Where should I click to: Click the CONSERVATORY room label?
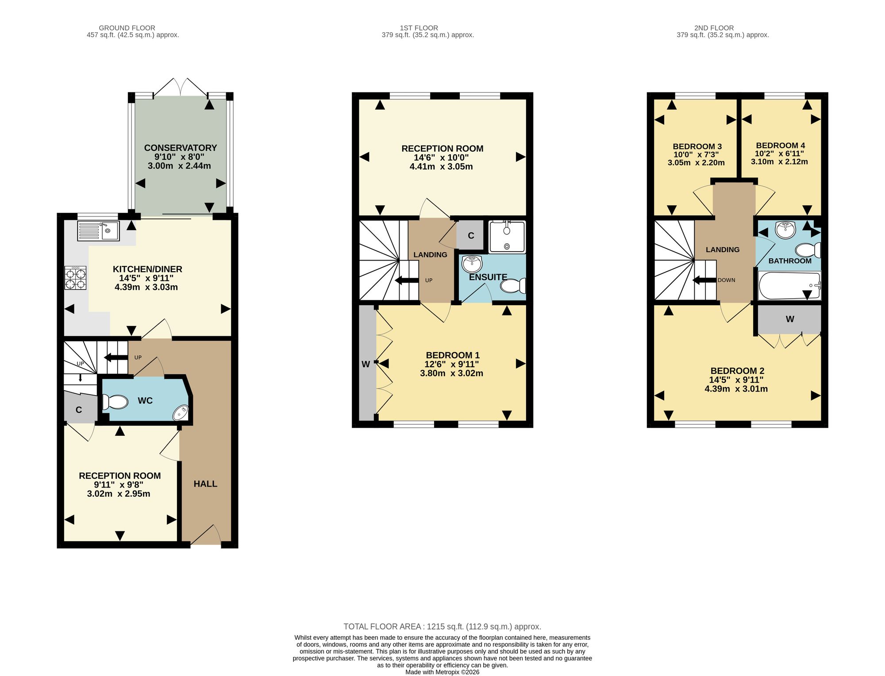tap(181, 148)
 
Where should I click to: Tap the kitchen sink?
tap(98, 231)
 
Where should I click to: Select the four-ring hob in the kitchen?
tap(76, 278)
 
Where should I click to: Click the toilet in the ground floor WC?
tap(115, 402)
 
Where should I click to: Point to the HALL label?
tap(205, 484)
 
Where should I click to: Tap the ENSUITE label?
tap(488, 277)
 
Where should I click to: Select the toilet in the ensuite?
tap(513, 285)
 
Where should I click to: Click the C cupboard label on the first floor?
tap(471, 236)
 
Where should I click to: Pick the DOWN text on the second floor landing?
tap(727, 280)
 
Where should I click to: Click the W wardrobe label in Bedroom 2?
tap(790, 319)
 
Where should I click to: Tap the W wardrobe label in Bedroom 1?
tap(366, 365)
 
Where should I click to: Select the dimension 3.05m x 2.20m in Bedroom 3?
tap(696, 163)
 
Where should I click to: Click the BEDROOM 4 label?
tap(781, 146)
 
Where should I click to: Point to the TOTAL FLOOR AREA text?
tap(442, 626)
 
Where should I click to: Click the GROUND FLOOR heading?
tap(127, 28)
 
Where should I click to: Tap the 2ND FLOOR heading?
tap(714, 28)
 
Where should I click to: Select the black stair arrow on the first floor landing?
tap(407, 280)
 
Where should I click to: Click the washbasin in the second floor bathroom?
tap(785, 230)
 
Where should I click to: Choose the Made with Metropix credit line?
tap(442, 672)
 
